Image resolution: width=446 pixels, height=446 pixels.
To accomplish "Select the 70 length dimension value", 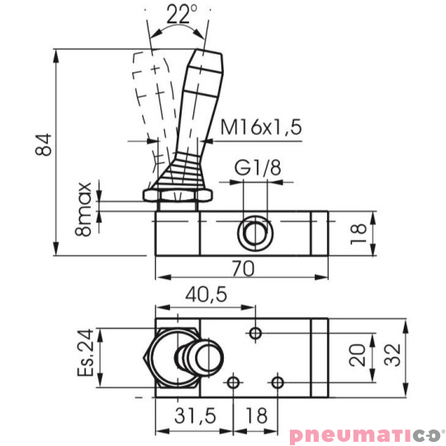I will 242,269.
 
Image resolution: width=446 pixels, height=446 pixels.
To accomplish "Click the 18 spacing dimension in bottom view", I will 257,416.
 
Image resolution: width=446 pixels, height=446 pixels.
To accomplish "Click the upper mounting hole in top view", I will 257,332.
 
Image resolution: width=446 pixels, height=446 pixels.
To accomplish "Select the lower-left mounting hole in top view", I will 235,382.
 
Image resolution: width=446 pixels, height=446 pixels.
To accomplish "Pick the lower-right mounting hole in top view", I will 278,382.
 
